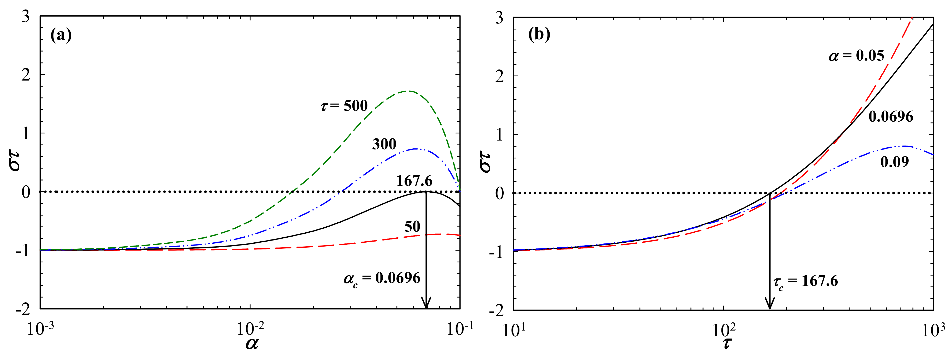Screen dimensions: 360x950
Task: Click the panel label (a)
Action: [x=61, y=36]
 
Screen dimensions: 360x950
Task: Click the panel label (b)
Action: [x=539, y=35]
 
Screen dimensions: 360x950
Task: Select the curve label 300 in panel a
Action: [x=384, y=144]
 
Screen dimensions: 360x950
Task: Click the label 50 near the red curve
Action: [x=412, y=227]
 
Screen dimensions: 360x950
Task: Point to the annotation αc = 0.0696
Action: [x=382, y=278]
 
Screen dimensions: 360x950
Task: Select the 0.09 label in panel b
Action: [x=894, y=162]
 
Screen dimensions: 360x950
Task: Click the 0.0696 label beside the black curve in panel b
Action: [x=891, y=117]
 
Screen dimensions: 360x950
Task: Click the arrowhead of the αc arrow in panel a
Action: [x=426, y=304]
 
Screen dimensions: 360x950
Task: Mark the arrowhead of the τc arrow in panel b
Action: [x=769, y=305]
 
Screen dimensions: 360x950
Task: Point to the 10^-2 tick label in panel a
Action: [x=250, y=328]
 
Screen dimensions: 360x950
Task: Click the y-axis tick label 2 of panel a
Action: [x=26, y=75]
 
